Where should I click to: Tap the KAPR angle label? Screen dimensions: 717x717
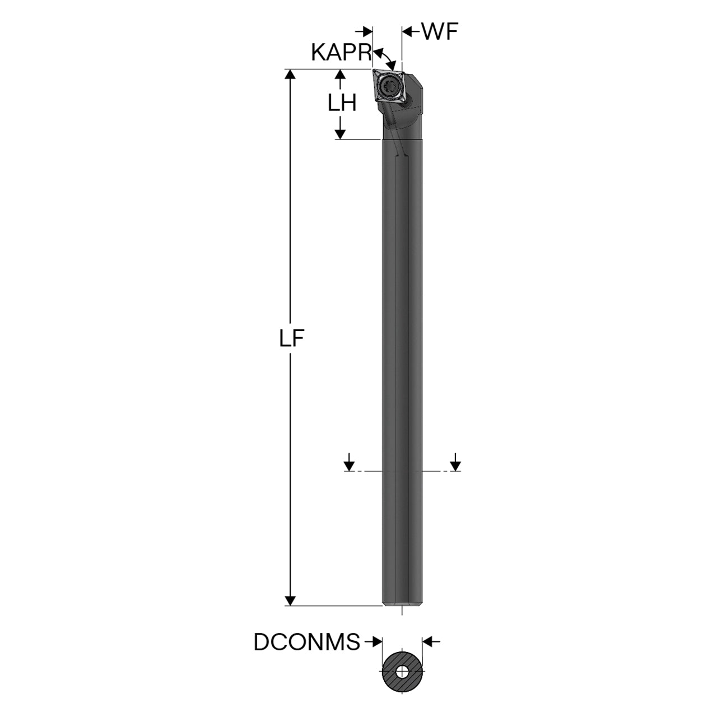[x=341, y=53]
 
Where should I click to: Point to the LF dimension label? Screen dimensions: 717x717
[x=292, y=338]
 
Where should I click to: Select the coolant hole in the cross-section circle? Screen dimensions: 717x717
[x=402, y=682]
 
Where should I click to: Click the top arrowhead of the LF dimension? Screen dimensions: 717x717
[x=290, y=74]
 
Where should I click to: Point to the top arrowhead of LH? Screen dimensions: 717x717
[x=340, y=74]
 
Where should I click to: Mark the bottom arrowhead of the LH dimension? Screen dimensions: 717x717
[x=340, y=133]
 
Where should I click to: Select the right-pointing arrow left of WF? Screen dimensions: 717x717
[x=364, y=32]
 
